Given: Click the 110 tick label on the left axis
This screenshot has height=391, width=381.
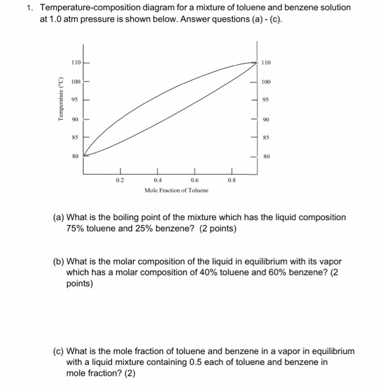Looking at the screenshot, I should [x=76, y=62].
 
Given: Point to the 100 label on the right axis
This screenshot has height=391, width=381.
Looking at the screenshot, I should [x=266, y=82].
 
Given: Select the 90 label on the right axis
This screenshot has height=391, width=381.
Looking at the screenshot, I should [x=266, y=120].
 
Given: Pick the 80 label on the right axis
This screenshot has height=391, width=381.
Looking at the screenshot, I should [x=266, y=157].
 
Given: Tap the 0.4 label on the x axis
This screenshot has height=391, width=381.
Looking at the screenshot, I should [x=157, y=180].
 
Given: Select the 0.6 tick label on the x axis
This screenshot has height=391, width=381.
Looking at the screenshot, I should [x=194, y=180].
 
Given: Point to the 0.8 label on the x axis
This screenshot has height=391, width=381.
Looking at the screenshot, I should [x=232, y=180].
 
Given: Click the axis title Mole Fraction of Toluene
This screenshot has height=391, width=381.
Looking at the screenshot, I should [x=176, y=190].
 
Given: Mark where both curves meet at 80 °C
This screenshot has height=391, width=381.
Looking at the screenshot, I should [x=84, y=156].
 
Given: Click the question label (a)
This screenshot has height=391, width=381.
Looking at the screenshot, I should [x=59, y=217].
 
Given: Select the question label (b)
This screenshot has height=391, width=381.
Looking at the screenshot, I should [x=59, y=261].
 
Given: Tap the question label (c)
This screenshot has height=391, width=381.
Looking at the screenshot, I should [x=59, y=351].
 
